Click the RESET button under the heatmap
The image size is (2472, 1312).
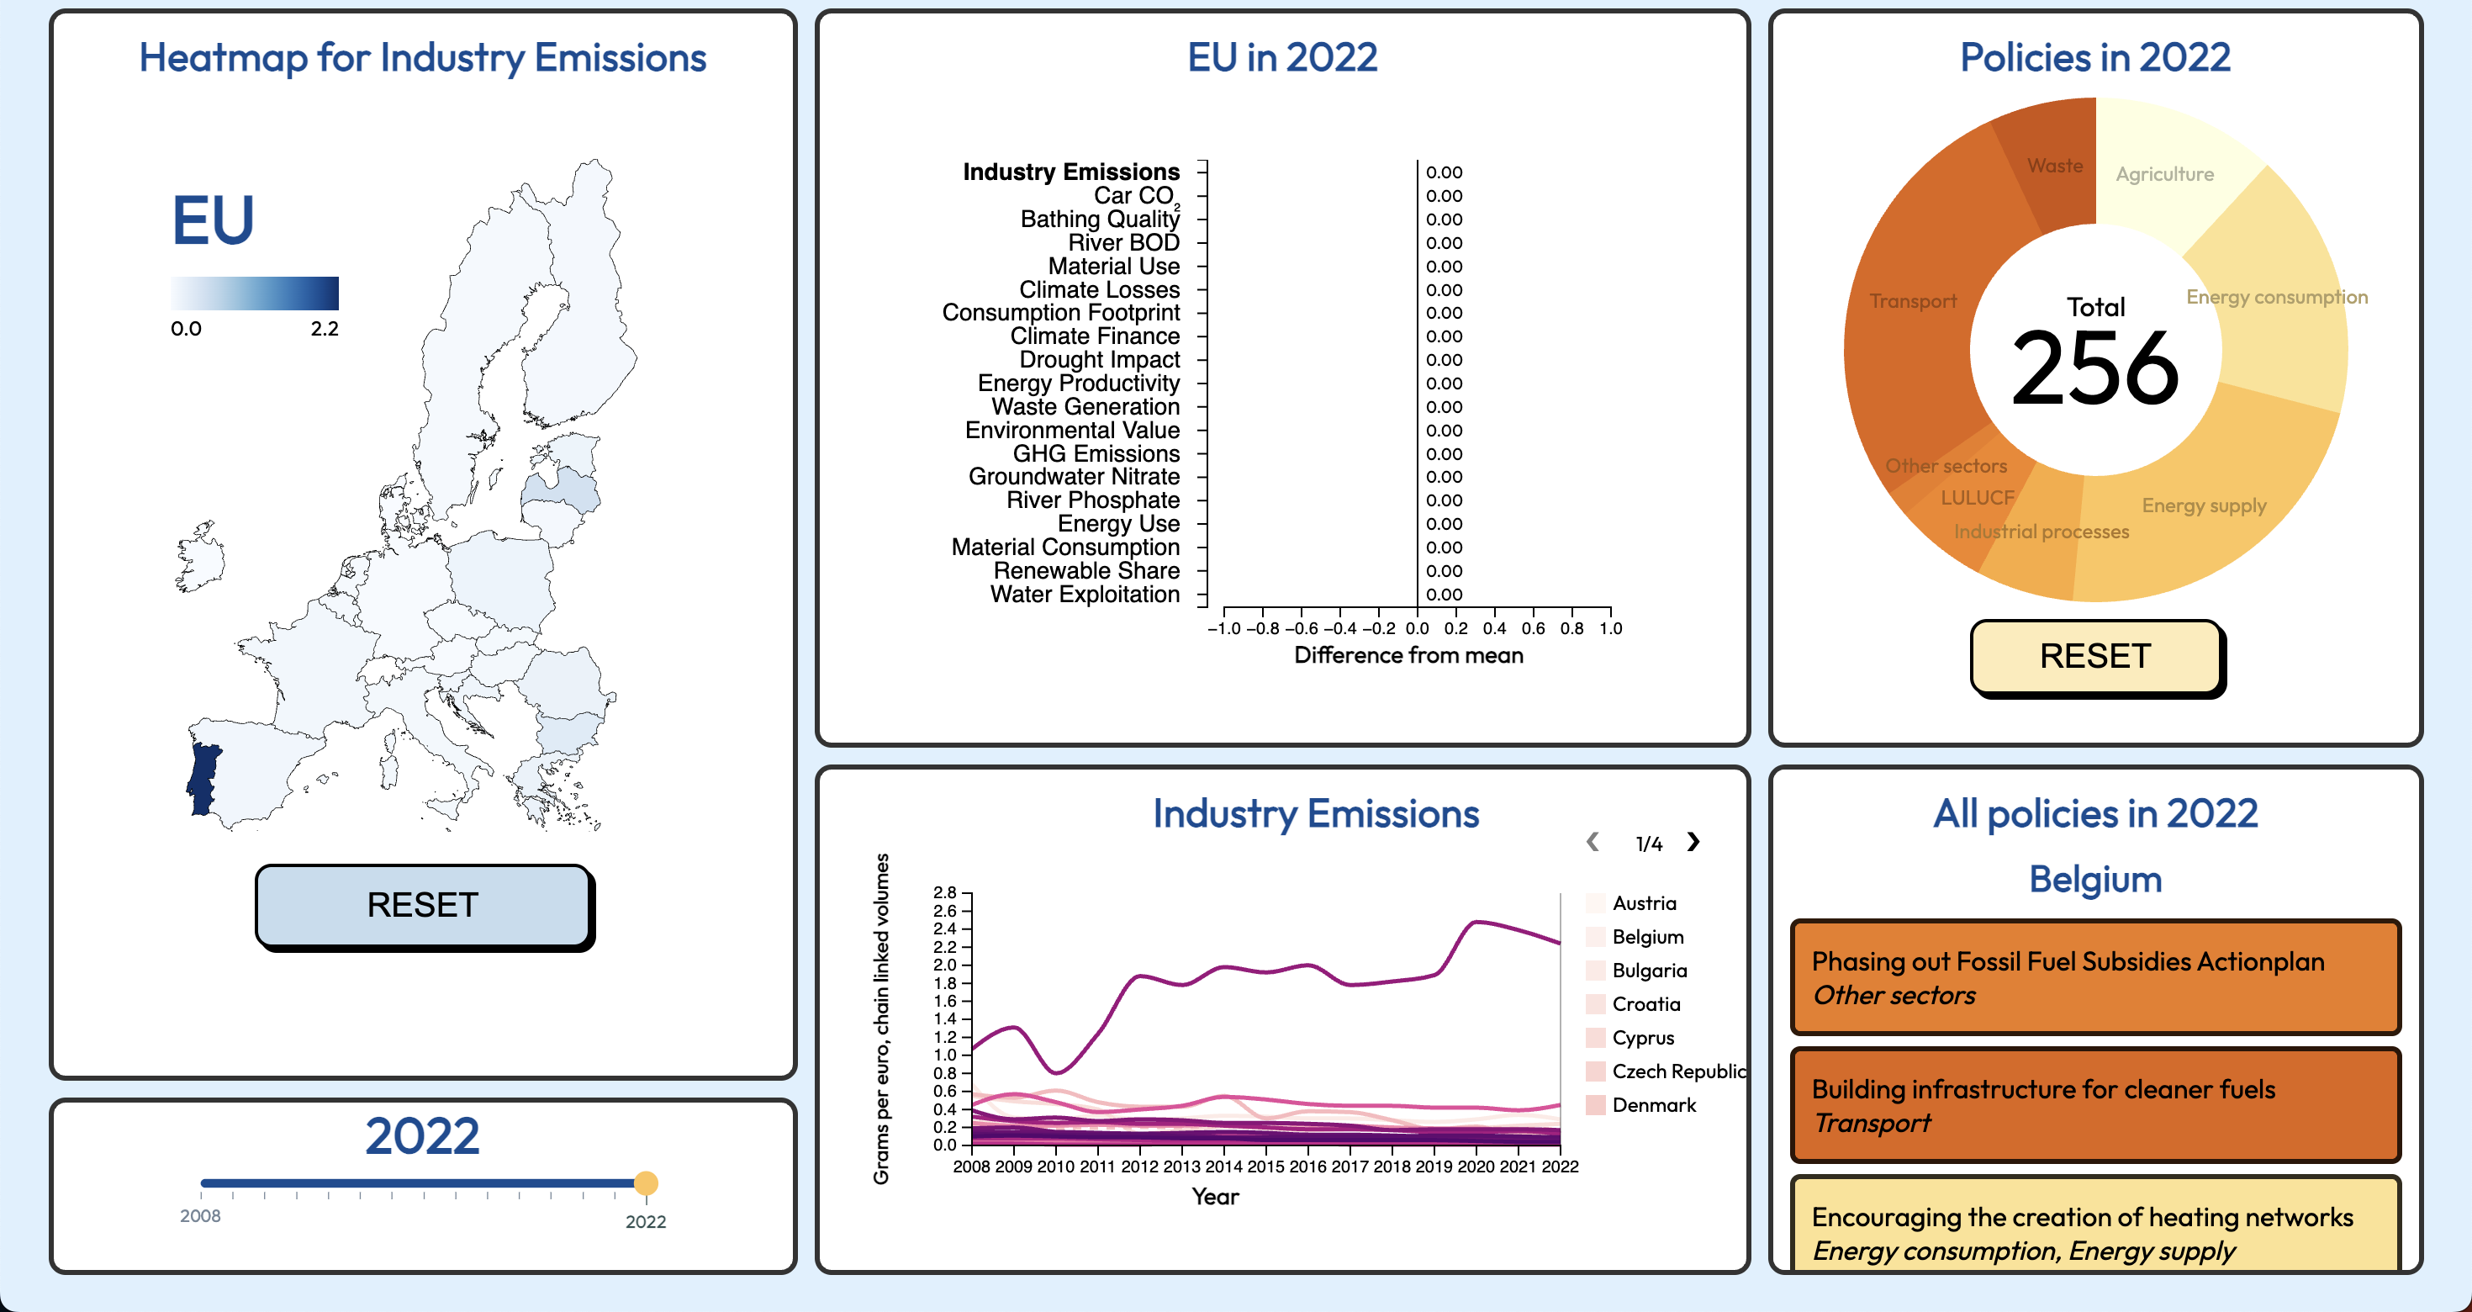[422, 905]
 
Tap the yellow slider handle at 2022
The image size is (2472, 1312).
[646, 1182]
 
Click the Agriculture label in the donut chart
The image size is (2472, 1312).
[2164, 175]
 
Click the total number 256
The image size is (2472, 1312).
[2094, 368]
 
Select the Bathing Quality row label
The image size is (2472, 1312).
[1100, 219]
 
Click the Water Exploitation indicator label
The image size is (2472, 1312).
[1085, 594]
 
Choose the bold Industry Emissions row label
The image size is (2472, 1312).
[1071, 172]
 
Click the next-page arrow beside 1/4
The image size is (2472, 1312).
[1693, 842]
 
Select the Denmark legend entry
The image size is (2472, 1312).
[1652, 1105]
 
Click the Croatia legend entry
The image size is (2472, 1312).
[1645, 1004]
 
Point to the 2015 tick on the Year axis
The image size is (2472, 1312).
[1265, 1167]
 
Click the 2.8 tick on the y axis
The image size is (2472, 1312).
[944, 892]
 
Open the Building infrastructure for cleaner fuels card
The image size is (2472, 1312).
[2094, 1105]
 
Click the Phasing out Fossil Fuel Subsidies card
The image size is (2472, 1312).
[2094, 977]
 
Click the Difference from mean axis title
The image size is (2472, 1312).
[1408, 655]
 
